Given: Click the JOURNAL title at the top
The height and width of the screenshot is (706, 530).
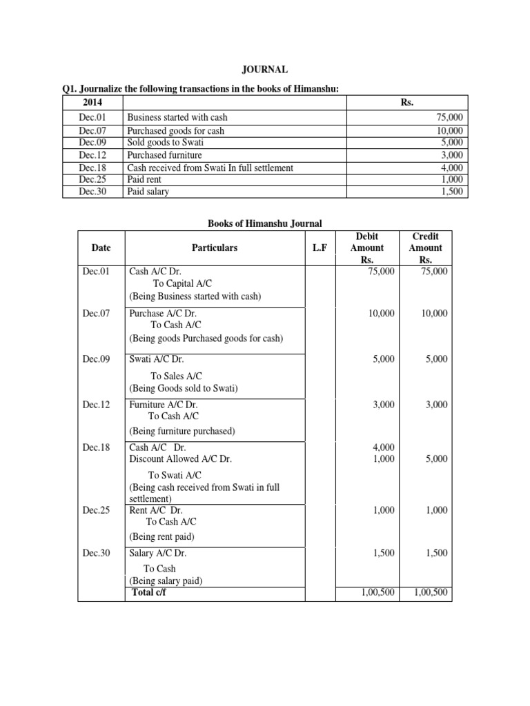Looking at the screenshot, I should [264, 70].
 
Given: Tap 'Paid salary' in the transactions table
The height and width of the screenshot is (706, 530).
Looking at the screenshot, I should [148, 192].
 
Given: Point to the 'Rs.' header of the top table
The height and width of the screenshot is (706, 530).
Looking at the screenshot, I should [406, 102].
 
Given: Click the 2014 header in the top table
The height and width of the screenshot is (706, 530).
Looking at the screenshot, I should [92, 102].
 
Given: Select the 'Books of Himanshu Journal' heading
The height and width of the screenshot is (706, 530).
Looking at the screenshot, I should [265, 223].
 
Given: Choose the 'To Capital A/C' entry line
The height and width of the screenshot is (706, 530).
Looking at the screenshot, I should [182, 284].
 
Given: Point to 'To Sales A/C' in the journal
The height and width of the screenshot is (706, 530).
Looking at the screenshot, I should [176, 376].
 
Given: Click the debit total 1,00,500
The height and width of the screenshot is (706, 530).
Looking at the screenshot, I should [377, 592].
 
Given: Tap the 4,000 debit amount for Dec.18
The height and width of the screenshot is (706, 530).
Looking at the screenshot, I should [383, 447].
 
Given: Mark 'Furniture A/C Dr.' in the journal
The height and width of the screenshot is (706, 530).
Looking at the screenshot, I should [161, 405].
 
